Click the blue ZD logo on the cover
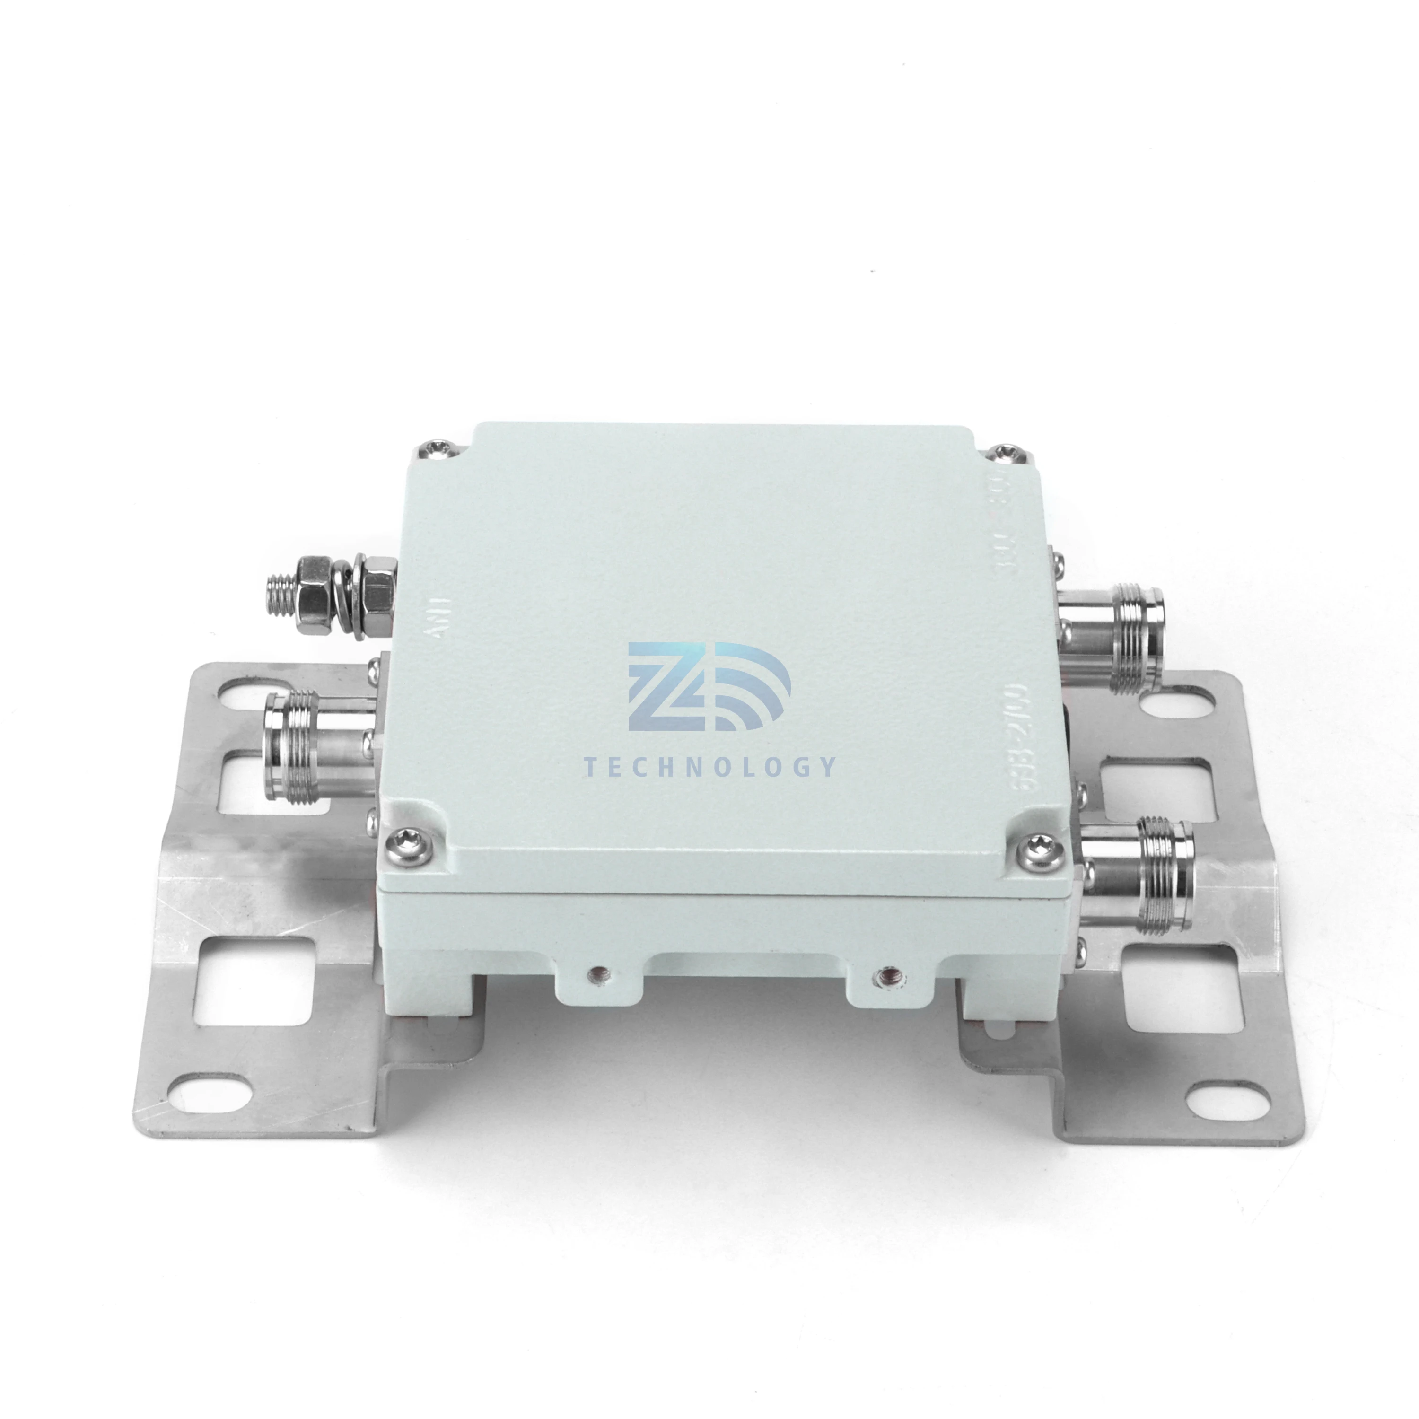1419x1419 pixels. [708, 687]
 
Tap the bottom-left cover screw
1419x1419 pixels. [408, 837]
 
